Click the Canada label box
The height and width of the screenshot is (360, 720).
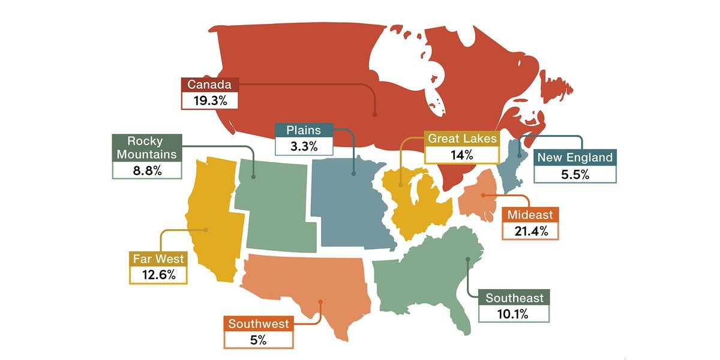point(209,85)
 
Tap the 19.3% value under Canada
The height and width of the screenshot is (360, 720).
point(209,100)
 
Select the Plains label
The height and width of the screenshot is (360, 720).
point(303,130)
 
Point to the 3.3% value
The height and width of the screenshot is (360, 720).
point(303,145)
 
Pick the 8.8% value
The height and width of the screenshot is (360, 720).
point(147,170)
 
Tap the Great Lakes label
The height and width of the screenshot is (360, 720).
point(462,139)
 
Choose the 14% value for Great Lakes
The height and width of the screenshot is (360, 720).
point(462,155)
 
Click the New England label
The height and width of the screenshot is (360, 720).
point(575,158)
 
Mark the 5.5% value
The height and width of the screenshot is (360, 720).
point(575,175)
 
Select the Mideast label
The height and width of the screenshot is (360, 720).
point(531,215)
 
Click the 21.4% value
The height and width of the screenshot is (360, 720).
point(531,231)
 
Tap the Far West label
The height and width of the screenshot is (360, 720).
point(158,260)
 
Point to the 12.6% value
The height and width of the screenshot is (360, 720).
point(158,275)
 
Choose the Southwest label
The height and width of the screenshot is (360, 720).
point(259,324)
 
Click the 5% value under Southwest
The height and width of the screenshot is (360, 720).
point(259,340)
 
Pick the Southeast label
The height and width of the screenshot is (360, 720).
point(514,298)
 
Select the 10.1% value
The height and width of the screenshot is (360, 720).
point(514,314)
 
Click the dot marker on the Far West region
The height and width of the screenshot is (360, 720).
point(206,229)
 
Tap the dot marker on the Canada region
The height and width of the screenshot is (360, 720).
point(374,113)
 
